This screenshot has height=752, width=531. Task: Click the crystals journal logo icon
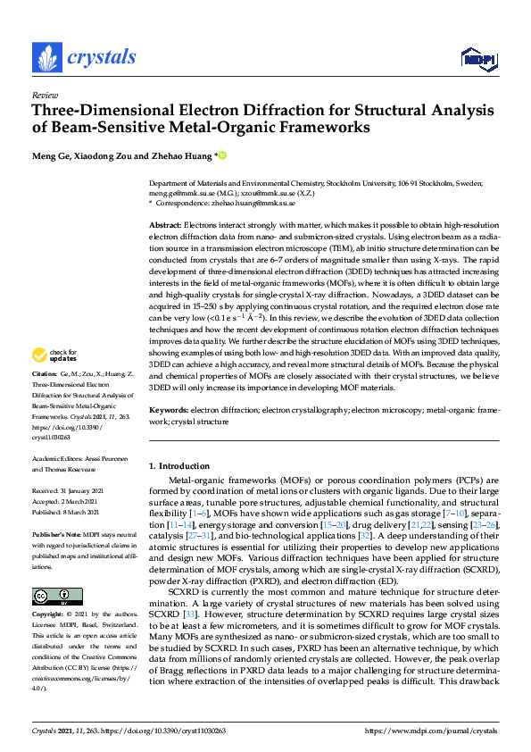pos(46,58)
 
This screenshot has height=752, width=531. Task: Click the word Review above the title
pos(45,94)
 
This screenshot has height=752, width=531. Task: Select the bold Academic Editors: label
pos(61,457)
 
